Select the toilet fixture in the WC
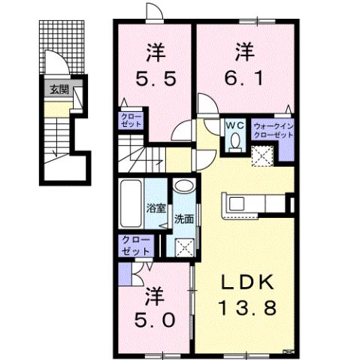click(235, 141)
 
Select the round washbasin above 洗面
click(183, 188)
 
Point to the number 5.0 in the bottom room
click(156, 319)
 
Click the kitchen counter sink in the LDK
click(234, 202)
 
